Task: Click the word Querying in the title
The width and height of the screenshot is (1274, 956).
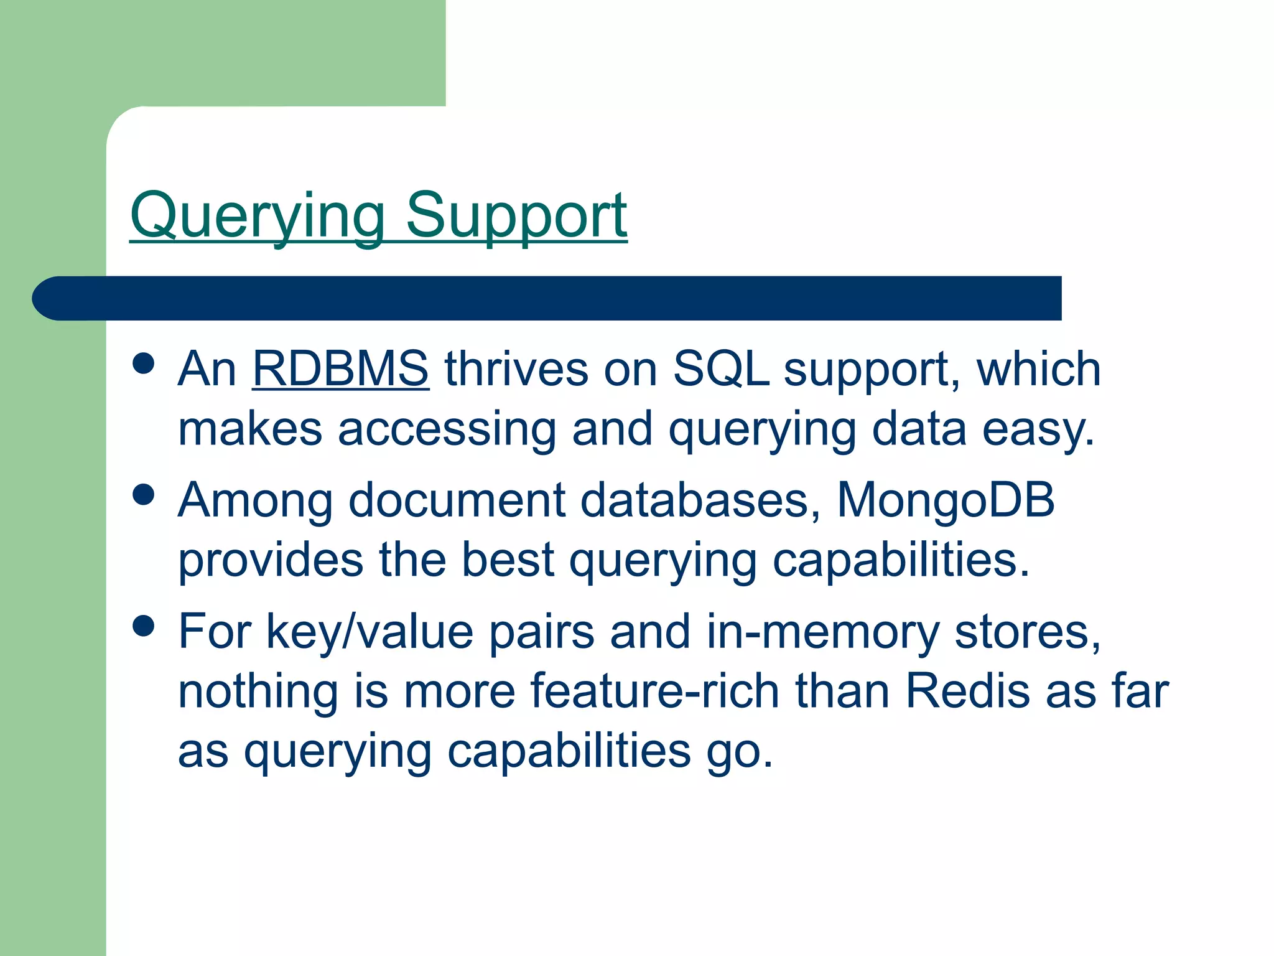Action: coord(257,217)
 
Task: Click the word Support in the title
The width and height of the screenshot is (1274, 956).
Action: coord(516,217)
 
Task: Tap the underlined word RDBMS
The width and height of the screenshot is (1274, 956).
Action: coord(340,369)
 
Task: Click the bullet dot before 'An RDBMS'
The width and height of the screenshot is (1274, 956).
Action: coord(144,363)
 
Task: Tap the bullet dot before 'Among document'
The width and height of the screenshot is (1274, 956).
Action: coord(144,495)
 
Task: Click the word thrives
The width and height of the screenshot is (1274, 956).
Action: coord(516,369)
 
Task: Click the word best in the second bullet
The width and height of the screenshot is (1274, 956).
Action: coord(508,560)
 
